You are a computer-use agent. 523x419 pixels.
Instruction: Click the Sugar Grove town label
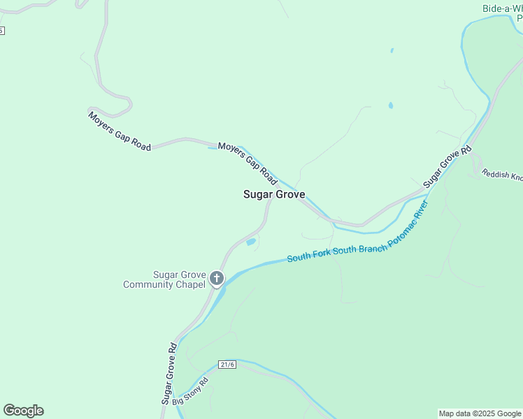click(x=274, y=195)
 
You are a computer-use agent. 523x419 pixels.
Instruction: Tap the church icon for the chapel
click(x=217, y=279)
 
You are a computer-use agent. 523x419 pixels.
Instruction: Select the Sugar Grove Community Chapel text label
click(x=165, y=279)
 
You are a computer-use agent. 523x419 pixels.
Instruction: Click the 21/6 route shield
click(x=227, y=365)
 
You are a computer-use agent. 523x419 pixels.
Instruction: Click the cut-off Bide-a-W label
click(x=502, y=9)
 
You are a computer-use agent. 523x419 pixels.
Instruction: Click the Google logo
click(x=23, y=411)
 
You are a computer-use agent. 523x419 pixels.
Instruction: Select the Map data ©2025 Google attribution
click(x=480, y=413)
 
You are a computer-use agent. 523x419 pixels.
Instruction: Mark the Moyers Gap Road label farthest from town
click(x=120, y=131)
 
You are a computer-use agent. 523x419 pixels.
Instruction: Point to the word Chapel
click(x=192, y=284)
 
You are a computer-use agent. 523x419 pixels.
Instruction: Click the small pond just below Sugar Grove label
click(x=251, y=242)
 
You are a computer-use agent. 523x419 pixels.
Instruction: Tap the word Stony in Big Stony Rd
click(x=195, y=391)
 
